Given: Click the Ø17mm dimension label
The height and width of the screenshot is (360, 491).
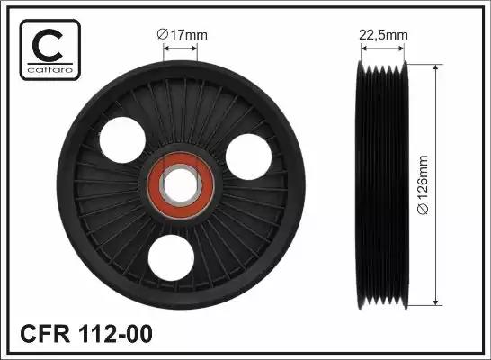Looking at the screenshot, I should [x=183, y=35].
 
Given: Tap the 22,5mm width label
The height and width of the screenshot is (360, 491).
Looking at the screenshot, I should [x=384, y=35].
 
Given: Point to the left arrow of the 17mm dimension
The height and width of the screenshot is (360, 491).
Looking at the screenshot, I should [x=167, y=50].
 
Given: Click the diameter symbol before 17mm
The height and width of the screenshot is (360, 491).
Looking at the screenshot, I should [x=162, y=35].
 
